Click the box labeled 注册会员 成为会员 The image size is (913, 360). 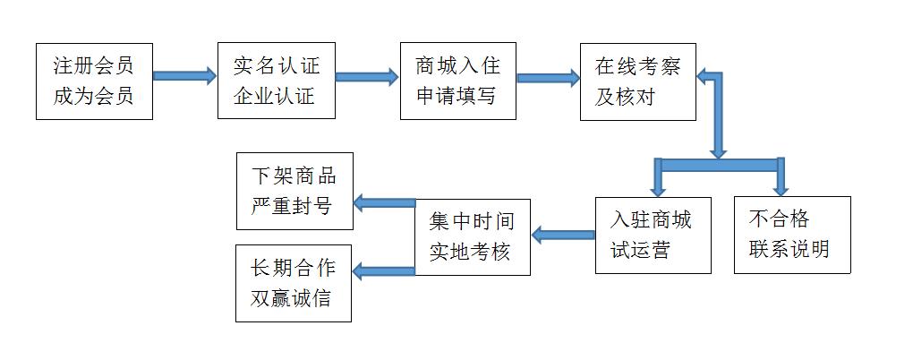(x=94, y=81)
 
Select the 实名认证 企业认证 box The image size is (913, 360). (x=276, y=81)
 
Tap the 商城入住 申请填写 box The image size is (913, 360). (x=458, y=81)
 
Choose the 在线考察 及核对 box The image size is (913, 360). (x=637, y=81)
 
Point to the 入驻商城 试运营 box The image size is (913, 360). (x=653, y=235)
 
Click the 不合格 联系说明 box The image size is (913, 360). (x=791, y=235)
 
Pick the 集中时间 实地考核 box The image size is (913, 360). (x=473, y=236)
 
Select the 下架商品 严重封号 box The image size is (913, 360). (x=294, y=189)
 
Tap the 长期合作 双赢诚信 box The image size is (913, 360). (x=294, y=283)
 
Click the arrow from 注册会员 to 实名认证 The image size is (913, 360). (x=184, y=76)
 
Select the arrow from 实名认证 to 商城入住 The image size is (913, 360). (x=367, y=76)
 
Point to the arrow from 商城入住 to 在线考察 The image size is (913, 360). (x=548, y=77)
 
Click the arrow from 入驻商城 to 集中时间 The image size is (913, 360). (x=563, y=236)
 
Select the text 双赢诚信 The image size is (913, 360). (x=291, y=297)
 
